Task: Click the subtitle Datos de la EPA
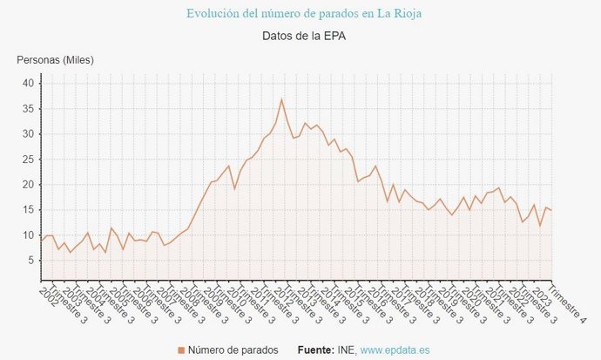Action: coord(300,37)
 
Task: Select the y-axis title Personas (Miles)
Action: coord(55,60)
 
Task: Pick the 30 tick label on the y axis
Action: coord(28,134)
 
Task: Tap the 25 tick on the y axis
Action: coord(28,160)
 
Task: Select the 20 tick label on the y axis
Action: coord(28,185)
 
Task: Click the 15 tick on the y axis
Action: coord(28,210)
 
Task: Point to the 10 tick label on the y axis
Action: coord(28,235)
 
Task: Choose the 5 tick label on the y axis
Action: coord(30,261)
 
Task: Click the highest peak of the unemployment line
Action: coord(281,99)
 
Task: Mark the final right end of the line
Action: coord(551,210)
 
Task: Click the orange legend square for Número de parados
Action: coord(181,350)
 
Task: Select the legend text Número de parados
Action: coord(233,350)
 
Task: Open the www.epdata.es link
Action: coord(395,350)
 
